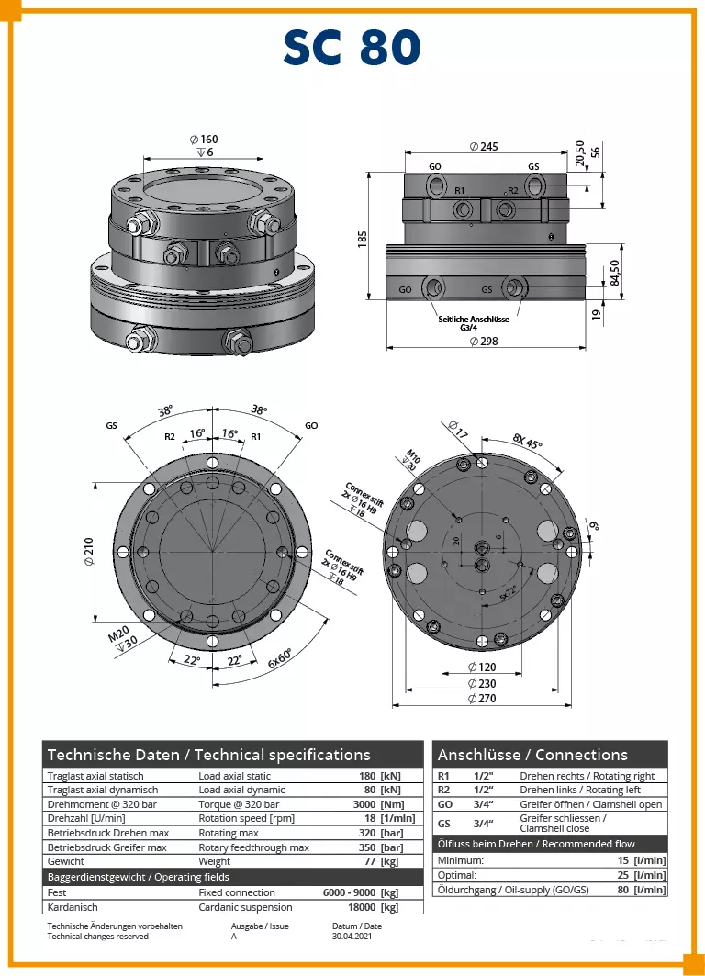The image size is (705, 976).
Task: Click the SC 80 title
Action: tap(352, 48)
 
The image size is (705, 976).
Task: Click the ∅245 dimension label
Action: tap(483, 147)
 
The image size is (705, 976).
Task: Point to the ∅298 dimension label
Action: tap(483, 341)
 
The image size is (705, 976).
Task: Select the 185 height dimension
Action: tap(364, 239)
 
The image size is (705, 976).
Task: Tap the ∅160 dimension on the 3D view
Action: tap(204, 140)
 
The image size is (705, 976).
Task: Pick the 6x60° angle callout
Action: tap(280, 658)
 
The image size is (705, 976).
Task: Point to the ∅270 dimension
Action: tap(483, 700)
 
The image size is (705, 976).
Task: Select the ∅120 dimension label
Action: tap(483, 667)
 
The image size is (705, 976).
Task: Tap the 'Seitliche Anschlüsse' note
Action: tap(474, 320)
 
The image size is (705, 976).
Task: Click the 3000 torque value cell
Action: tap(367, 804)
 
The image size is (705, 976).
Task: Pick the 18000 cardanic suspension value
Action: tap(359, 907)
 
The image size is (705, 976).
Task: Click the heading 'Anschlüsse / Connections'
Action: tap(532, 755)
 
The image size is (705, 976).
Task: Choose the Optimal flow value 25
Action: tap(623, 875)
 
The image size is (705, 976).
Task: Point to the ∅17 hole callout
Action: tap(458, 429)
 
